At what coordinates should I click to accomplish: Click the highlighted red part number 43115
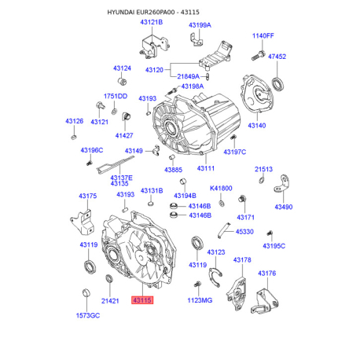tap(142, 299)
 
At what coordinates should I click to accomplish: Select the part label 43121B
tap(151, 23)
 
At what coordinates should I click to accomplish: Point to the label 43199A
tap(200, 25)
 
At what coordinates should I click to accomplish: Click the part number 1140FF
tap(263, 36)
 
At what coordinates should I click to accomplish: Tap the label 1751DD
tap(116, 96)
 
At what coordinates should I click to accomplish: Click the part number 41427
tap(124, 135)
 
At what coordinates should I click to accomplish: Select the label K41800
tap(221, 189)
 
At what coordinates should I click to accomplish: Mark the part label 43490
tap(283, 207)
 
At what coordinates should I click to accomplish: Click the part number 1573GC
tap(88, 315)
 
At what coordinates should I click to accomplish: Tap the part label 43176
tap(267, 274)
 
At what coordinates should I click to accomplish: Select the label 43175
tap(87, 196)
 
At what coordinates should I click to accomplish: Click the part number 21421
tap(110, 300)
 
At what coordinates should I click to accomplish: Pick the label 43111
tap(206, 169)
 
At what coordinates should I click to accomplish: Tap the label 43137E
tap(120, 178)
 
